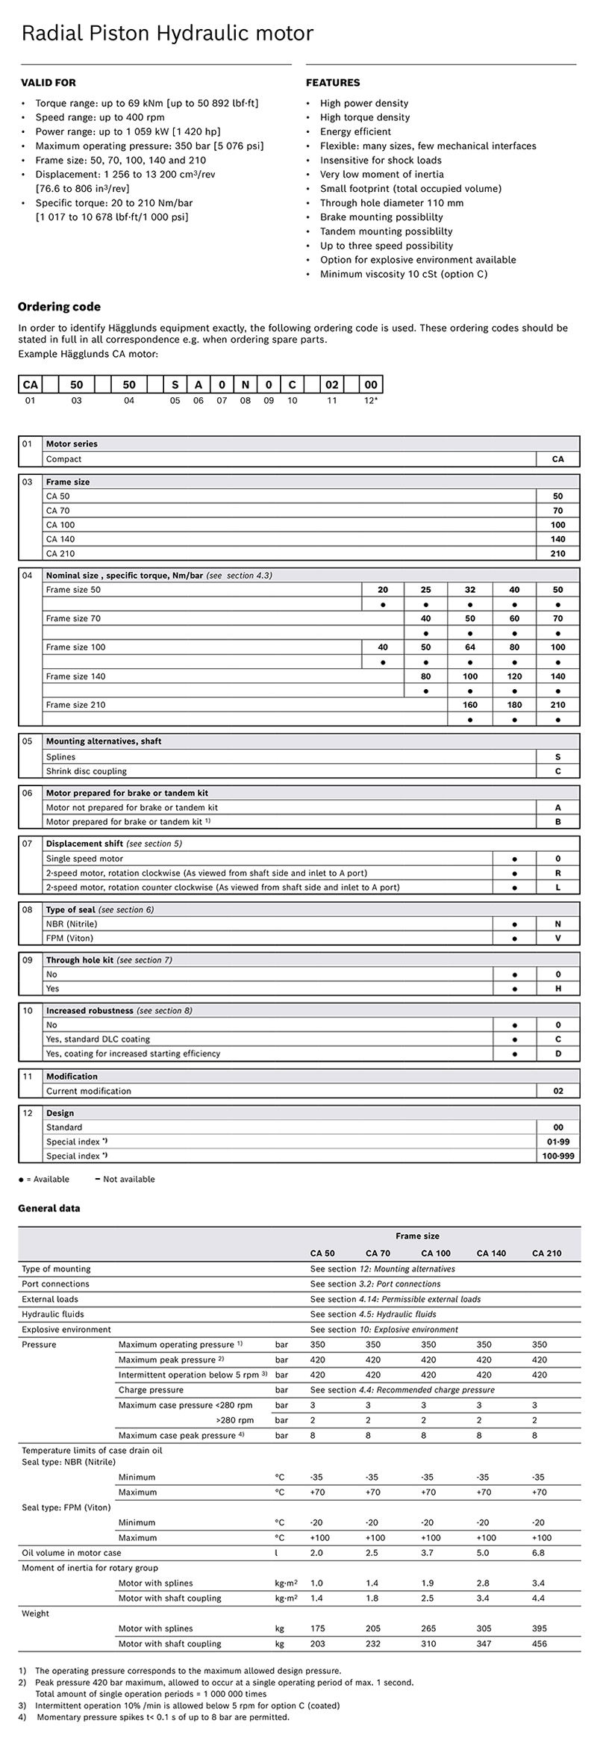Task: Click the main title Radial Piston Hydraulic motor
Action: pyautogui.click(x=167, y=34)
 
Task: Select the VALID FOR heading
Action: pyautogui.click(x=48, y=83)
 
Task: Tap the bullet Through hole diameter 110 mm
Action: pyautogui.click(x=391, y=203)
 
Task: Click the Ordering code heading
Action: pyautogui.click(x=59, y=307)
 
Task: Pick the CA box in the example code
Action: pyautogui.click(x=30, y=385)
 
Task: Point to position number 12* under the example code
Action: pyautogui.click(x=371, y=401)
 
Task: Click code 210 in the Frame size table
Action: pyautogui.click(x=557, y=554)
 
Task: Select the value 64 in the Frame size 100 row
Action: pyautogui.click(x=470, y=647)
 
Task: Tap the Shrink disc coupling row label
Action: pyautogui.click(x=87, y=771)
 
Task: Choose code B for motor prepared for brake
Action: pyautogui.click(x=557, y=822)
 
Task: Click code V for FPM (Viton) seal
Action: pyautogui.click(x=557, y=938)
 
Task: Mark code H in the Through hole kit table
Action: pyautogui.click(x=557, y=989)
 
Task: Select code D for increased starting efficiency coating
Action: pyautogui.click(x=557, y=1053)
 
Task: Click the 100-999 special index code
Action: pyautogui.click(x=557, y=1156)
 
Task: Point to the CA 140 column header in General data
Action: pyautogui.click(x=491, y=1254)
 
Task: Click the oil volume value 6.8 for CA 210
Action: pyautogui.click(x=538, y=1553)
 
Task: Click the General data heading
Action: pyautogui.click(x=49, y=1209)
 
